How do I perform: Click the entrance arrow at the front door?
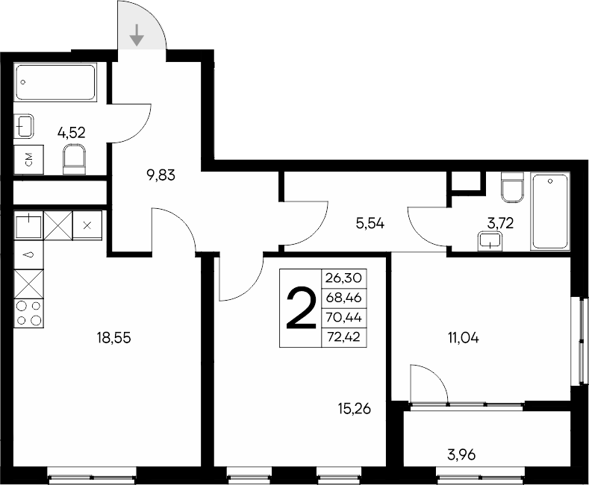pyautogui.click(x=137, y=34)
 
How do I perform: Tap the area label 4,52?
pyautogui.click(x=72, y=133)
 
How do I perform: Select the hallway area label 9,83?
pyautogui.click(x=161, y=176)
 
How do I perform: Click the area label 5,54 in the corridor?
pyautogui.click(x=370, y=222)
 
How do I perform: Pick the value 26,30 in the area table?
pyautogui.click(x=343, y=278)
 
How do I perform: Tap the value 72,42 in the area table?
pyautogui.click(x=343, y=337)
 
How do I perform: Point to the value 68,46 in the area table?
pyautogui.click(x=343, y=297)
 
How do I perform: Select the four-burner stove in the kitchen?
pyautogui.click(x=29, y=312)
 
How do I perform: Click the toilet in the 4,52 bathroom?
pyautogui.click(x=75, y=159)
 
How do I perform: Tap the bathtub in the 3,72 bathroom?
pyautogui.click(x=550, y=211)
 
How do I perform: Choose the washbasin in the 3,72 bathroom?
pyautogui.click(x=490, y=240)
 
